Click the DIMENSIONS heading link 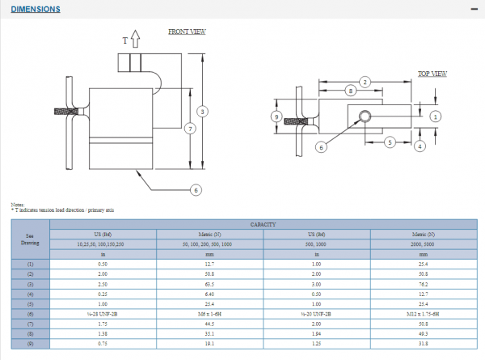[x=36, y=10]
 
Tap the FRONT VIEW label [x=187, y=32]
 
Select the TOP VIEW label [x=432, y=74]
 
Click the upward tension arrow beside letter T [x=135, y=38]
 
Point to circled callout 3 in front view [x=203, y=111]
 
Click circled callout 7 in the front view [x=189, y=129]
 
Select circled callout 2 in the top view [x=365, y=82]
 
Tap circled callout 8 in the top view [x=350, y=91]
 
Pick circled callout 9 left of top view [x=277, y=116]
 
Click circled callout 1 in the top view [x=436, y=116]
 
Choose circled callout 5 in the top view [x=389, y=142]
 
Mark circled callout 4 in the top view [x=420, y=146]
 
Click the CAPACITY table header [x=264, y=224]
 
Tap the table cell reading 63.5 [x=210, y=286]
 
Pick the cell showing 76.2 [x=424, y=286]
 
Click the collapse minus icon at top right [x=474, y=8]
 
